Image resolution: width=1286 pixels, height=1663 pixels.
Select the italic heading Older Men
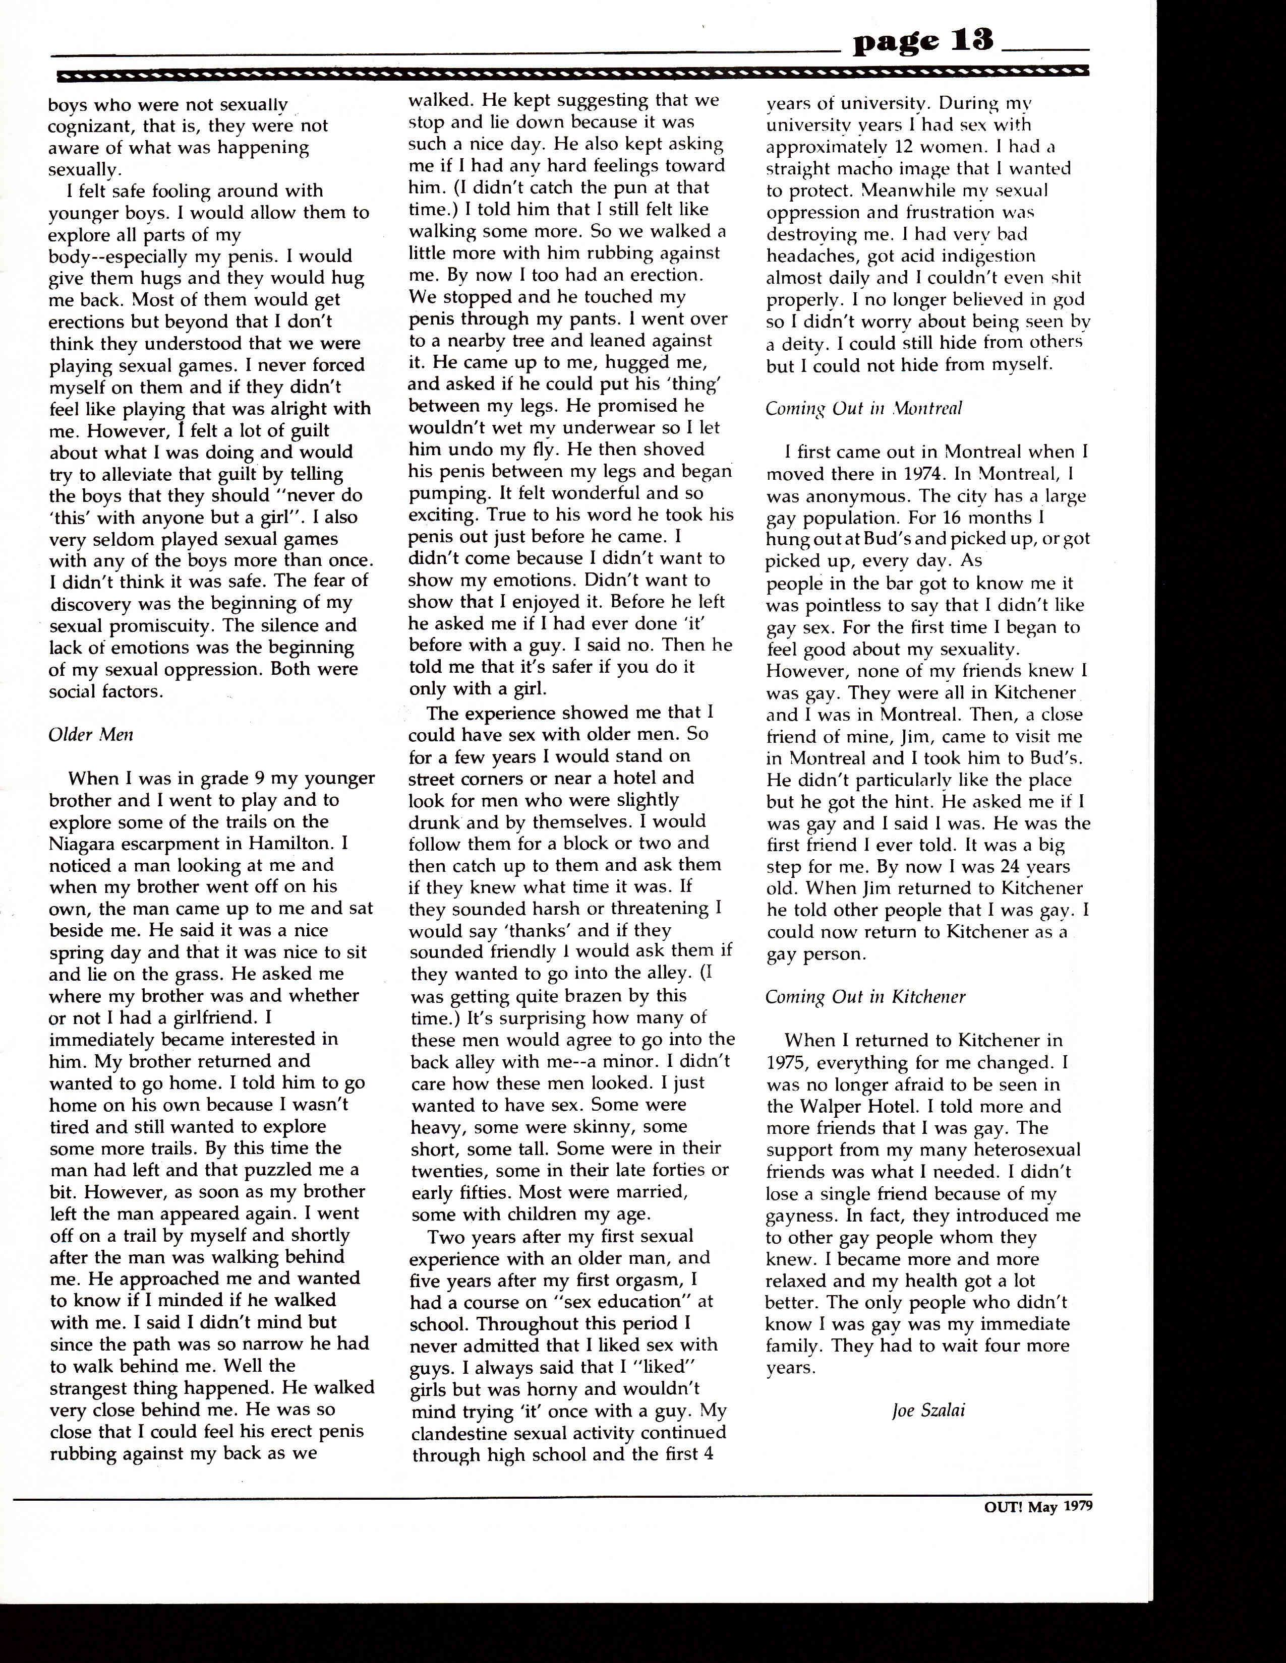tap(91, 735)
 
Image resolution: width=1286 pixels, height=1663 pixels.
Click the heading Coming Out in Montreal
tap(864, 408)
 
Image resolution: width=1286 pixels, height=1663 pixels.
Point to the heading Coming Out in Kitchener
tap(865, 997)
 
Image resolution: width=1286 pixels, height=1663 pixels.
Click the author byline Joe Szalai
tap(928, 1410)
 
